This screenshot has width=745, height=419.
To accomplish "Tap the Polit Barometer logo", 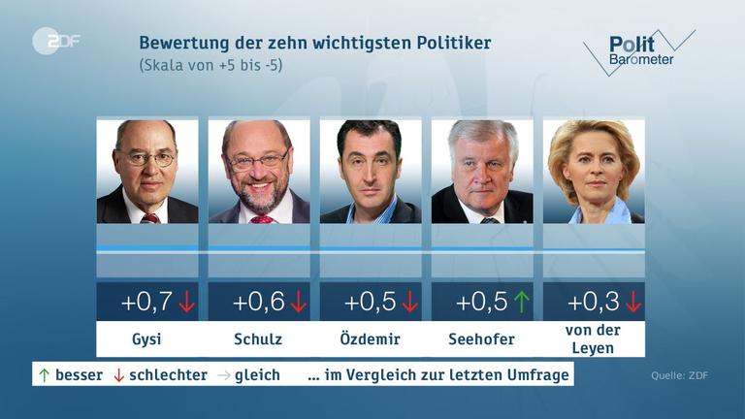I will (x=637, y=51).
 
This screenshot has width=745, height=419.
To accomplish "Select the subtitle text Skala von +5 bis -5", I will (x=211, y=65).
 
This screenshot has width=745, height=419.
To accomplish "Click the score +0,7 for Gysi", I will (x=146, y=302).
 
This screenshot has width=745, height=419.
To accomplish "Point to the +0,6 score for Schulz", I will (x=258, y=302).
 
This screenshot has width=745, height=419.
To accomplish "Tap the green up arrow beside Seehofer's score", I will (x=522, y=302).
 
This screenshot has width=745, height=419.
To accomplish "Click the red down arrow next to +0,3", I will (x=633, y=302).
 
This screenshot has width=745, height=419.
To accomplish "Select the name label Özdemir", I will (x=371, y=339).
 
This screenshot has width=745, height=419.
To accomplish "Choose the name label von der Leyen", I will (x=594, y=339).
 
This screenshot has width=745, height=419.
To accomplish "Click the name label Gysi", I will (x=147, y=339).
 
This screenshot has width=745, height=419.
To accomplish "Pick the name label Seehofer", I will (x=481, y=339).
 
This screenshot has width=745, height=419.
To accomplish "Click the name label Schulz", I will (x=259, y=339).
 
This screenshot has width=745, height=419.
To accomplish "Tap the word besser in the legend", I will (x=79, y=374).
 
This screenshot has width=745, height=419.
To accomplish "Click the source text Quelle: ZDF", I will (x=679, y=375).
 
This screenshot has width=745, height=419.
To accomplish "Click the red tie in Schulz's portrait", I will (x=262, y=218).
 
